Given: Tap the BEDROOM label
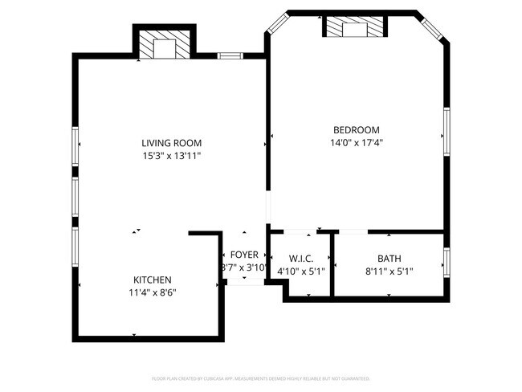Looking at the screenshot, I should [x=356, y=130].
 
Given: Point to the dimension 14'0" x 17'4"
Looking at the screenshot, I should [x=356, y=143].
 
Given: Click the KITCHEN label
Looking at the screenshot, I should [x=152, y=280].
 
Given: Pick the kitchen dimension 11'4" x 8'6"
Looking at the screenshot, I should [x=152, y=292].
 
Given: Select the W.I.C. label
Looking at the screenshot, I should [x=300, y=258].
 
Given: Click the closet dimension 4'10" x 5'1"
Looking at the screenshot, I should [x=300, y=271].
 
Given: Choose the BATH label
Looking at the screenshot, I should [x=389, y=258].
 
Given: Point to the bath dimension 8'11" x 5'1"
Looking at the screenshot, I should [x=389, y=271].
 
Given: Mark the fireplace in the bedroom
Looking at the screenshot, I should [x=354, y=28].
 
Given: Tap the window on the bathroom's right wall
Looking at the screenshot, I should [x=446, y=261].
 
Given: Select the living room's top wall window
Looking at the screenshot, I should [x=230, y=55].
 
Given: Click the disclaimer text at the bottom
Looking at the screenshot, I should [x=260, y=378].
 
